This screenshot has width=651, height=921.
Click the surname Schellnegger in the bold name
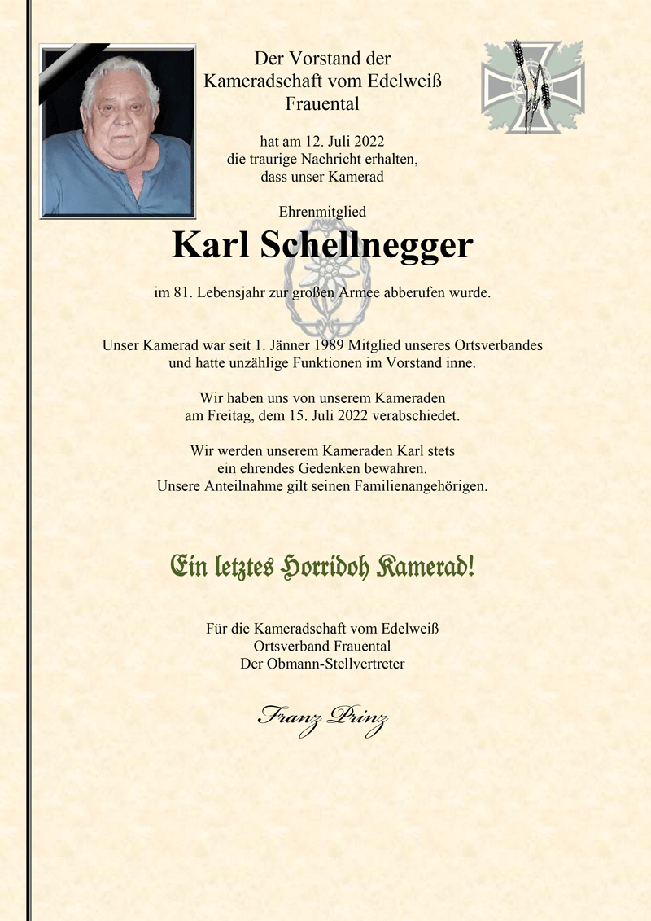pyautogui.click(x=366, y=245)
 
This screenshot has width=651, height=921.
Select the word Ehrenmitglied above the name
pyautogui.click(x=322, y=212)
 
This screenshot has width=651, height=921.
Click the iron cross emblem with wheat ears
pyautogui.click(x=532, y=86)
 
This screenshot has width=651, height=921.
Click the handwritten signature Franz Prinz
pyautogui.click(x=322, y=717)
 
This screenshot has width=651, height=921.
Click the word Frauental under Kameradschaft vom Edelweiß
pyautogui.click(x=322, y=103)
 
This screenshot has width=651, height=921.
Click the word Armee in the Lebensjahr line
pyautogui.click(x=396, y=292)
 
